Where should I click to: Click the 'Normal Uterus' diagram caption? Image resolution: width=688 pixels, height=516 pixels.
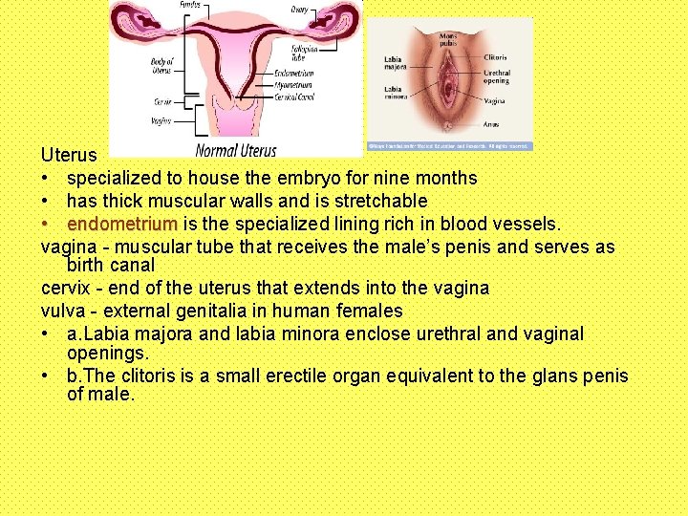(x=235, y=149)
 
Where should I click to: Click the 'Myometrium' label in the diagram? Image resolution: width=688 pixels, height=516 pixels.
(x=294, y=83)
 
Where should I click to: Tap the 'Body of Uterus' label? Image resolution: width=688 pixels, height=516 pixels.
(x=161, y=66)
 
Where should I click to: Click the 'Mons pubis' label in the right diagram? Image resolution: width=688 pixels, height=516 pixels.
(x=448, y=40)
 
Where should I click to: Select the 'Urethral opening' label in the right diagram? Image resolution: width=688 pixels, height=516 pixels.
(x=497, y=76)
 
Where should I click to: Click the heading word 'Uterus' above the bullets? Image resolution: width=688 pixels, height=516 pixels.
(x=69, y=155)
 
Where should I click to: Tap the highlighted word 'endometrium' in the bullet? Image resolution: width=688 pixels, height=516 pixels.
(x=121, y=225)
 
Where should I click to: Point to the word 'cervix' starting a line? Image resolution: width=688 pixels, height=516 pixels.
(x=65, y=288)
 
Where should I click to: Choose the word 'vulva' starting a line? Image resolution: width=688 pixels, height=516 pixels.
(x=63, y=311)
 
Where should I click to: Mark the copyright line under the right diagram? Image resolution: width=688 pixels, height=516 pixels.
(x=449, y=146)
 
